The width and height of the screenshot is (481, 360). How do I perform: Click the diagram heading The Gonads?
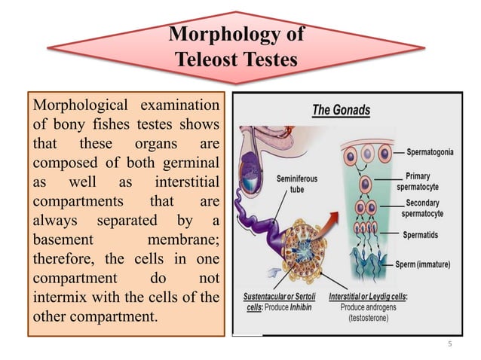pos(341,110)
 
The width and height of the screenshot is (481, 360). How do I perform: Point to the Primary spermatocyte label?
pos(424,182)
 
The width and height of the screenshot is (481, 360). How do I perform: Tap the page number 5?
pos(449,345)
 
